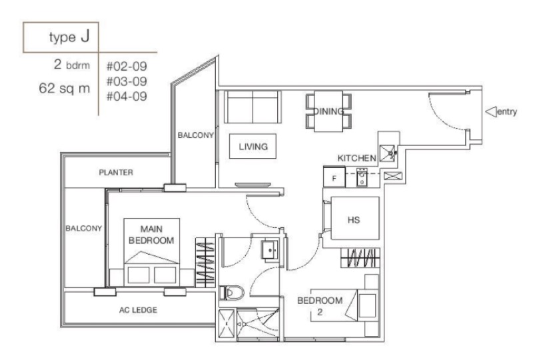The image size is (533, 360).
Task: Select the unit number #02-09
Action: coord(125,67)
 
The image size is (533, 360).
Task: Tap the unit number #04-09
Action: coord(125,95)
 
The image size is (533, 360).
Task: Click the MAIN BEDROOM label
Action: coord(152,235)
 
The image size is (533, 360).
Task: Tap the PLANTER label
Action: coord(117,173)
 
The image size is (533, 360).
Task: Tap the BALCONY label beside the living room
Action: coord(195,135)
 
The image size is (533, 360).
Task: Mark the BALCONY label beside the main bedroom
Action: coord(83,228)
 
